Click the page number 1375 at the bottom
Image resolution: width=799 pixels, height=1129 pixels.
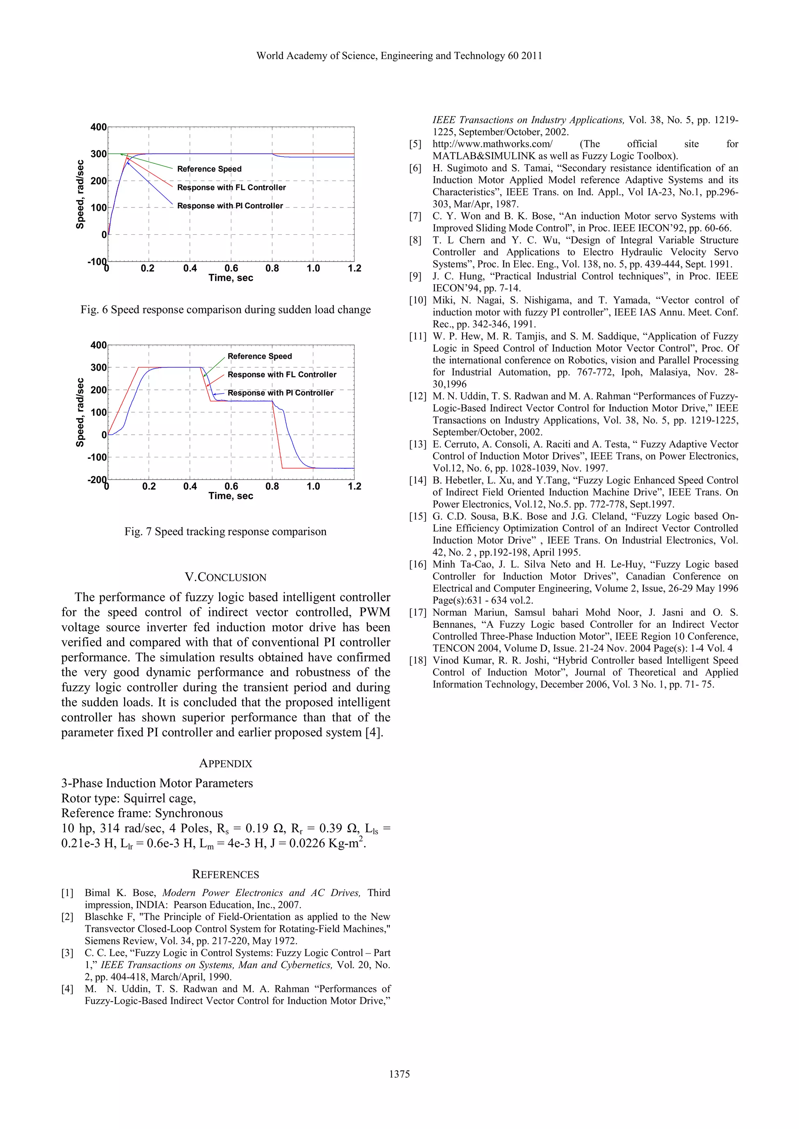tap(399, 1074)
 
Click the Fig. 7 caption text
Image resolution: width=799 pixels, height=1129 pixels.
tap(225, 531)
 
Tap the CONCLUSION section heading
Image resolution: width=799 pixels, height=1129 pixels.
tap(225, 577)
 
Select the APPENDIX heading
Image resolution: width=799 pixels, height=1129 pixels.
tap(225, 763)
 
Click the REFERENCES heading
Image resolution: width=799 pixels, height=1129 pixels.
tap(225, 874)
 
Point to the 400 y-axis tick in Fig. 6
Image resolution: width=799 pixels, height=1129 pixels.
tap(98, 127)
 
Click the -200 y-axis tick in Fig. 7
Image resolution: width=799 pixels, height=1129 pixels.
tap(97, 480)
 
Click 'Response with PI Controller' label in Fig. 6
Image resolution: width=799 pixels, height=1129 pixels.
tap(230, 206)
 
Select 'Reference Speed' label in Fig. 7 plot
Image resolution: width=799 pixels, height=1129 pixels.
tap(259, 356)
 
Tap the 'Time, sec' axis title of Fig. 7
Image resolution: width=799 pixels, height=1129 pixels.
tap(231, 495)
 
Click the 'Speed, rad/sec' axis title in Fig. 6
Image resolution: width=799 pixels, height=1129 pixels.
tap(80, 194)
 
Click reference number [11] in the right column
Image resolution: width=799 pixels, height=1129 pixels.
tap(418, 336)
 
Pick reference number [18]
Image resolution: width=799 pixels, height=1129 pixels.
tap(418, 660)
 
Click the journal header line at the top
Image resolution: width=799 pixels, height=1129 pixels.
tap(399, 56)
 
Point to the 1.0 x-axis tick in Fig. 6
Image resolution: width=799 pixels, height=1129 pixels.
tap(313, 269)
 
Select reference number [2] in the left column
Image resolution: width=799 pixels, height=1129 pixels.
tap(67, 917)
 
